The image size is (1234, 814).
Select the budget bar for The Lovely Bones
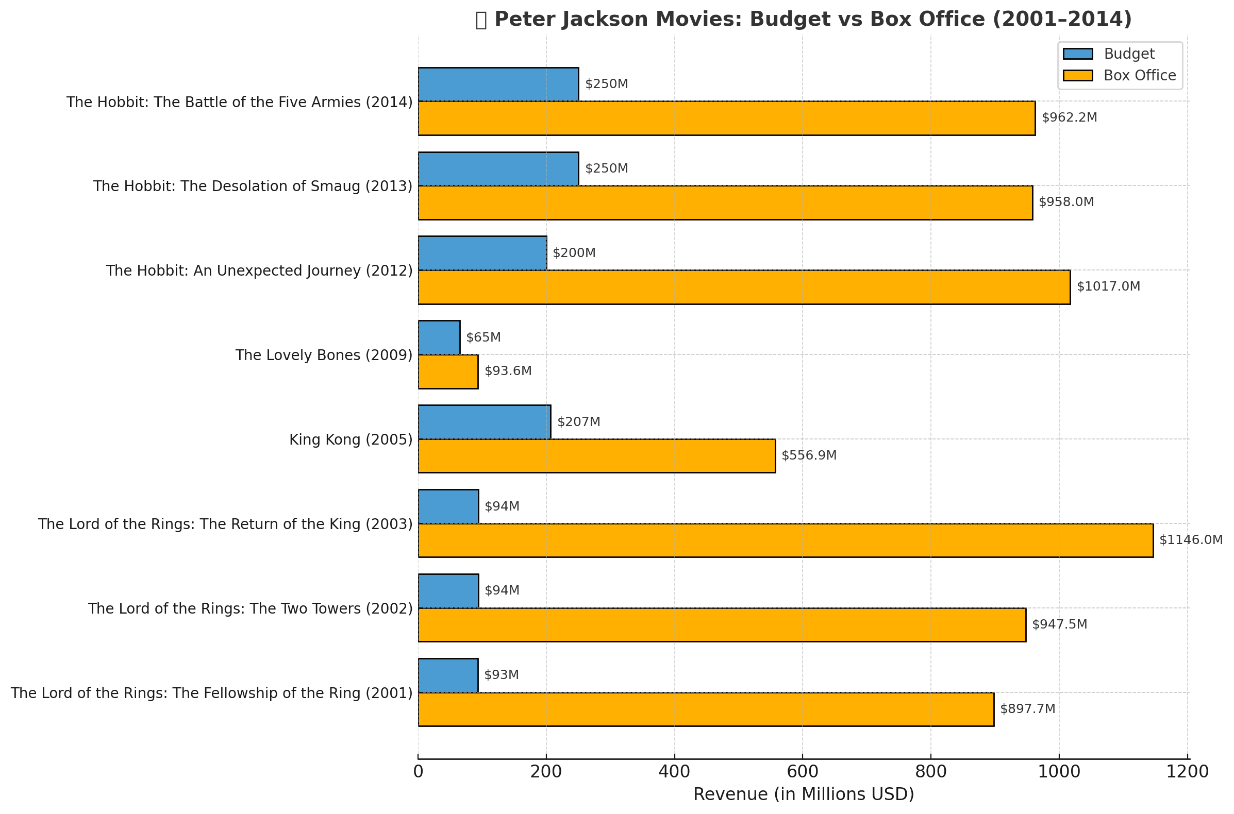(439, 337)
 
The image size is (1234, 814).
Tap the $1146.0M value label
(1190, 540)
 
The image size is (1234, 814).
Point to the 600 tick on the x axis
(803, 772)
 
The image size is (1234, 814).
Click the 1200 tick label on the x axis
(1187, 772)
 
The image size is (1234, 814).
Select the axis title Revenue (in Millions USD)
(803, 795)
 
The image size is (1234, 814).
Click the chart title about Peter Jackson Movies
(803, 20)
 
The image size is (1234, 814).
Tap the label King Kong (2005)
(351, 439)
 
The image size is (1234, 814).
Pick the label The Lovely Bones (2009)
(324, 355)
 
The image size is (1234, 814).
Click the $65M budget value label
(483, 337)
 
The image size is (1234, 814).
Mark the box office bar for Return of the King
(785, 540)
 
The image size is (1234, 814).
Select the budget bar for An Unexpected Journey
(482, 253)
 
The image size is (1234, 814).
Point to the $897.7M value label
(1027, 709)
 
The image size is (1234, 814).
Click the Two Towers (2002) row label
(250, 608)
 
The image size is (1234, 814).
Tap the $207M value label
(578, 422)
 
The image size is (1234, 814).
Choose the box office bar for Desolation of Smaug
(725, 202)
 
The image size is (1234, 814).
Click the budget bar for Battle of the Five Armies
(498, 84)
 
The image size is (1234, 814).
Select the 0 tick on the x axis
(418, 772)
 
